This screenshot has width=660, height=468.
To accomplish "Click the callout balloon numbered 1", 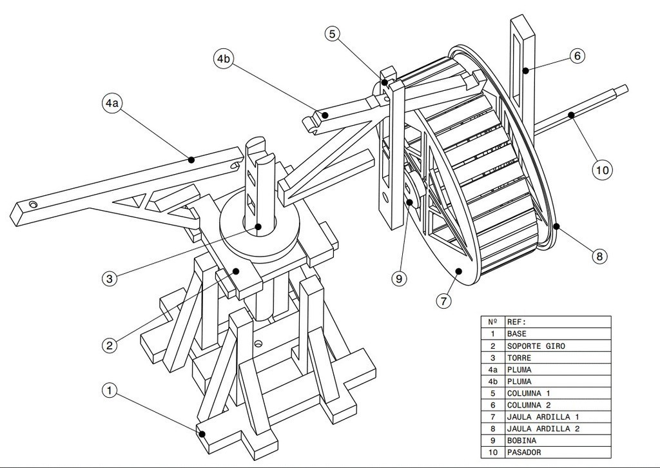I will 110,390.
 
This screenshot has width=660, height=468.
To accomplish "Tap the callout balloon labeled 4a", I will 112,103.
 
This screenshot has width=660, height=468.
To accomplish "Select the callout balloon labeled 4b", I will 224,59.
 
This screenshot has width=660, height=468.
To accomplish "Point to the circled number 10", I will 602,170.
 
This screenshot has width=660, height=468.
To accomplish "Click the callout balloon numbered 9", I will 399,278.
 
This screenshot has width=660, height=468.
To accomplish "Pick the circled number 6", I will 577,56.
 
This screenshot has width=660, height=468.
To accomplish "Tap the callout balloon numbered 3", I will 110,278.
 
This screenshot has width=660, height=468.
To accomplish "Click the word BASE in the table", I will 517,334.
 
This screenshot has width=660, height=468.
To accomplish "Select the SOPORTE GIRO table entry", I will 536,346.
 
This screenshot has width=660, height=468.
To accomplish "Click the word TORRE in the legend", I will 519,358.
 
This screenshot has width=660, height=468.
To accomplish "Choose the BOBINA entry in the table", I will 521,440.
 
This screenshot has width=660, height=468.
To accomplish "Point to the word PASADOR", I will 523,453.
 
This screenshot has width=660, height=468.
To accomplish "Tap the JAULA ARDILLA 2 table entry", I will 543,429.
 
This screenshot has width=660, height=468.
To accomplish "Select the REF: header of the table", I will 517,322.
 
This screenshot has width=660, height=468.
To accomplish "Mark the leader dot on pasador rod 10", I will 571,115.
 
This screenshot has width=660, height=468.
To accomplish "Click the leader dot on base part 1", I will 202,434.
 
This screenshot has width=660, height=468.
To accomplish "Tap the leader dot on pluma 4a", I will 191,159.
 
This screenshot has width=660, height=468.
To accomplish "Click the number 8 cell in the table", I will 492,429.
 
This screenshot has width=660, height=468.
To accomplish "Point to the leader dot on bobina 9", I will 410,202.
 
